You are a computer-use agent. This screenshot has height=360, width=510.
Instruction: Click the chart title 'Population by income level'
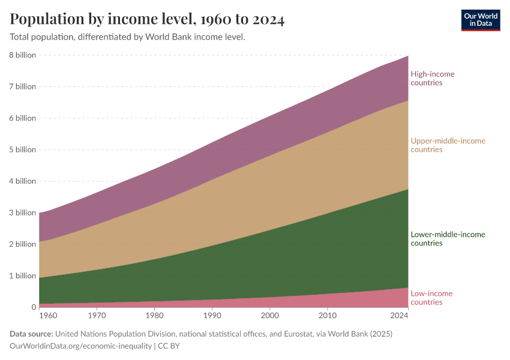click(x=147, y=19)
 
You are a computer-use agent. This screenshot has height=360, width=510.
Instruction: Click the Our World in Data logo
click(x=480, y=20)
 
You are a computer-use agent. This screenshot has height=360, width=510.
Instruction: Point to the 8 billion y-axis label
click(x=22, y=55)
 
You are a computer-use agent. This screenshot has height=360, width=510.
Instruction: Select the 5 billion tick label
click(x=22, y=149)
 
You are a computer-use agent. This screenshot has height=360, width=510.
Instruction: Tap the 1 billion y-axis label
click(x=22, y=276)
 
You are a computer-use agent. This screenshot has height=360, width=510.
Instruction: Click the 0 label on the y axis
click(x=34, y=307)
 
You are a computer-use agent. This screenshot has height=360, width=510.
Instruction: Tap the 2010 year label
click(x=327, y=314)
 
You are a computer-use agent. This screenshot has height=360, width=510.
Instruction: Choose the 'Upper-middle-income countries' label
click(x=448, y=145)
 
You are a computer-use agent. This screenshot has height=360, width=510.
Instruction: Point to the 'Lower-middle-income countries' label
click(x=448, y=239)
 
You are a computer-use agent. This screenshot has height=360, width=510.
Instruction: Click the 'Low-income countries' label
click(x=431, y=298)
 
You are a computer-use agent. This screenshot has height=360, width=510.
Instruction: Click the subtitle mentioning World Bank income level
click(x=127, y=37)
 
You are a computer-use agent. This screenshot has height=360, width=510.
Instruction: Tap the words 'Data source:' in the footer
click(x=32, y=334)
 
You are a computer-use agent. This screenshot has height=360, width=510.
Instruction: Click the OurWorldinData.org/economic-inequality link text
click(x=81, y=346)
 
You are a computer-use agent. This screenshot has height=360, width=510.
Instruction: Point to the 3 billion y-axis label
click(x=22, y=212)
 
